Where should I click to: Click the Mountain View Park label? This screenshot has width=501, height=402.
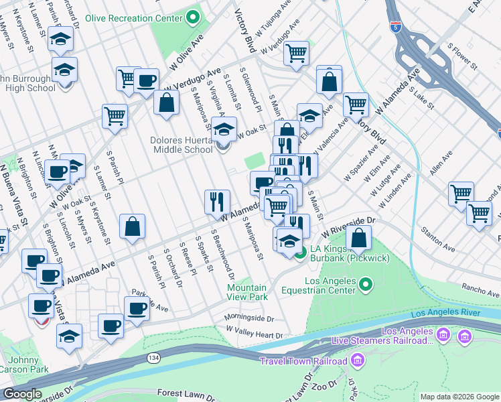(x=247, y=291)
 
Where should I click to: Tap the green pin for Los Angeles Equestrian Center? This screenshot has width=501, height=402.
(x=366, y=286)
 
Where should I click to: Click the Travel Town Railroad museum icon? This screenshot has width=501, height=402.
(x=357, y=362)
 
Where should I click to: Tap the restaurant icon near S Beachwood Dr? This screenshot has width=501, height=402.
(x=217, y=200)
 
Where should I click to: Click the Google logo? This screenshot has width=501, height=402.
(x=22, y=395)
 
